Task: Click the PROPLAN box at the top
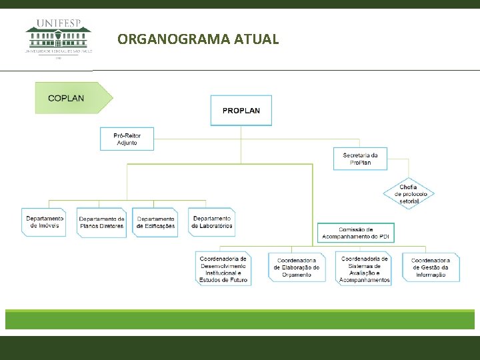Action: [241, 110]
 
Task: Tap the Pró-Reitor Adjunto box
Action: [127, 139]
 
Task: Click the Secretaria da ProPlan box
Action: [360, 159]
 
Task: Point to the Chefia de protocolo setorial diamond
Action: [409, 194]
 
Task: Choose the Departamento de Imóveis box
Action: [45, 222]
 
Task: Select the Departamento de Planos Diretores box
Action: [101, 222]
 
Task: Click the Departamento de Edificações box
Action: [155, 222]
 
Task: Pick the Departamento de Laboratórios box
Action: [212, 222]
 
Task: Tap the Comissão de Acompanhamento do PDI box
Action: [355, 233]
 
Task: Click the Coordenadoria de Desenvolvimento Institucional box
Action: [223, 269]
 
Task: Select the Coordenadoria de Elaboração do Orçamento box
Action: [297, 268]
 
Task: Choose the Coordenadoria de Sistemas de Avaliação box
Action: [364, 269]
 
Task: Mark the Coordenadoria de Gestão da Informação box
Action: [430, 268]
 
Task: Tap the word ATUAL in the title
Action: [257, 39]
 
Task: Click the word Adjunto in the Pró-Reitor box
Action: [127, 143]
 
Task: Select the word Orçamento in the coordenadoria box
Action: [297, 275]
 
